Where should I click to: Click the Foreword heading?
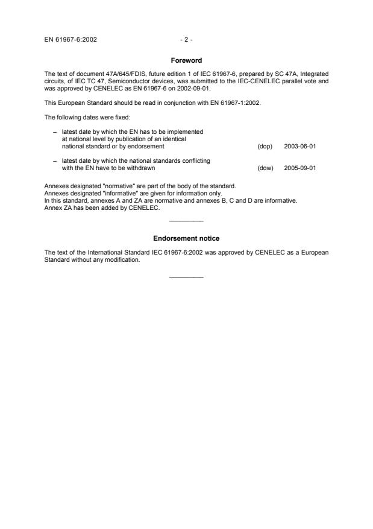186,60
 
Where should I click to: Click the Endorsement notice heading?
186,239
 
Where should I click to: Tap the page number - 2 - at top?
186,40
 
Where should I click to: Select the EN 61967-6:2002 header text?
71,40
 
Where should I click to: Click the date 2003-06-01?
299,146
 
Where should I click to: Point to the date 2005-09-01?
299,168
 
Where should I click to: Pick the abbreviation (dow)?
265,168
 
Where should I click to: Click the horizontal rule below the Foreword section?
186,221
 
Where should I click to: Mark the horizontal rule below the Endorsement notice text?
186,277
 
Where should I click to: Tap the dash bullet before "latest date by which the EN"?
55,131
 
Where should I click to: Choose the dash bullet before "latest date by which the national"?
55,161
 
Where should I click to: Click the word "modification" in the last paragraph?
122,260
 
